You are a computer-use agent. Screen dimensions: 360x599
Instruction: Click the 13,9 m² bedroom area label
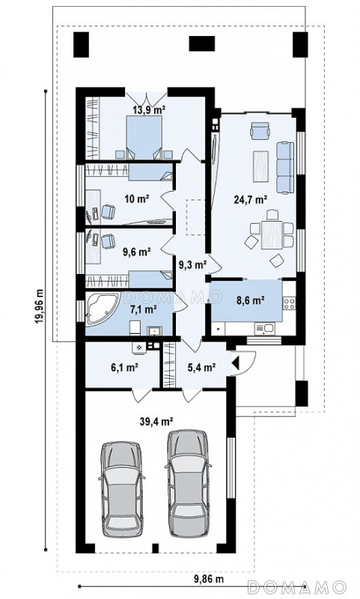point(149,110)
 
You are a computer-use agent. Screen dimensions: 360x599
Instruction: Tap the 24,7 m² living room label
point(250,199)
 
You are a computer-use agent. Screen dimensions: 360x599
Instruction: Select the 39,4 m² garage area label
point(157,422)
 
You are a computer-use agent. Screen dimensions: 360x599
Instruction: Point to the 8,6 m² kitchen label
point(251,300)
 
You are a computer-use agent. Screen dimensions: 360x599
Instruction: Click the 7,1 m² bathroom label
point(144,309)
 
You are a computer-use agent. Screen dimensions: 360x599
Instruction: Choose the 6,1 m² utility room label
point(124,368)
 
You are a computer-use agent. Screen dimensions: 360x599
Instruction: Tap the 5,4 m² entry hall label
point(202,368)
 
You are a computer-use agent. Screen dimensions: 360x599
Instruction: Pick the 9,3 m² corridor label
point(193,264)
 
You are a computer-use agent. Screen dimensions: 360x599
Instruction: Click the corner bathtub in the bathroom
point(102,309)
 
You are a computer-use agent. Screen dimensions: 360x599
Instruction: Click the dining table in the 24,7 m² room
point(272,234)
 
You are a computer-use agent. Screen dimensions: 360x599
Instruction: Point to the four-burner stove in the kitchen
point(290,303)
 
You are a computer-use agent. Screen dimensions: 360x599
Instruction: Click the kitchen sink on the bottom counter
point(263,328)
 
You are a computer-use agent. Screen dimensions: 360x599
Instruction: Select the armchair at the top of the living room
point(260,130)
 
